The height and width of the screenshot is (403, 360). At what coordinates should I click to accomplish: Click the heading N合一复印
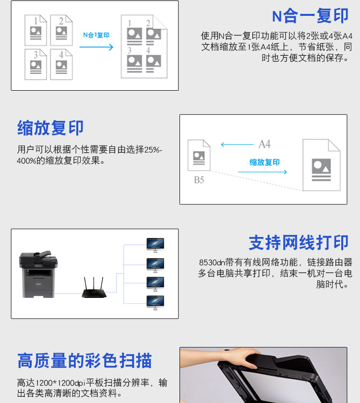tap(310, 16)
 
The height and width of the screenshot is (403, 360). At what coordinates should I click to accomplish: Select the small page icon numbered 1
tap(36, 30)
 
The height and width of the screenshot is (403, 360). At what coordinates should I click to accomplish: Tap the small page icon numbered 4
tap(61, 64)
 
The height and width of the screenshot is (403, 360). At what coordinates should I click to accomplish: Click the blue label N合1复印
tap(96, 35)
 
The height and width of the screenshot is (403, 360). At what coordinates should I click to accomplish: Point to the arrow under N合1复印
tap(96, 47)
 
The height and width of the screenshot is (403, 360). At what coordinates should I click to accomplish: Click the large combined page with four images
tap(144, 46)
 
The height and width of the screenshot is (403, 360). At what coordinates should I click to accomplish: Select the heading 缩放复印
tap(50, 128)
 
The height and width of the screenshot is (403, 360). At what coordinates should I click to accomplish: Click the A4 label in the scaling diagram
tap(264, 144)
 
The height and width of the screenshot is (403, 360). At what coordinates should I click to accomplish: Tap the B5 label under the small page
tap(199, 180)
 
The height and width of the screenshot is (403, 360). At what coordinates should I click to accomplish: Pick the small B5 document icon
tap(199, 155)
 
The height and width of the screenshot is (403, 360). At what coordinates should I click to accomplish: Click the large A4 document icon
tap(322, 165)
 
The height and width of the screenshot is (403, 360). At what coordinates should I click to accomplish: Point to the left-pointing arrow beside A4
tap(237, 145)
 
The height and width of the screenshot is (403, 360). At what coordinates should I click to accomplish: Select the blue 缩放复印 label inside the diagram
tap(264, 163)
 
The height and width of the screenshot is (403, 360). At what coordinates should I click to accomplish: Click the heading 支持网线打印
tap(299, 242)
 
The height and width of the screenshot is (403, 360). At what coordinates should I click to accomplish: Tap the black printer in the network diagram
tap(38, 274)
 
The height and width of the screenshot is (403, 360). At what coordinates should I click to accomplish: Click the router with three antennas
tap(94, 287)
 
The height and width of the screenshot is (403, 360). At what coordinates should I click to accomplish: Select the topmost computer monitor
tap(156, 245)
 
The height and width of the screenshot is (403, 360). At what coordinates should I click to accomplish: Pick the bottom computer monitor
tap(156, 303)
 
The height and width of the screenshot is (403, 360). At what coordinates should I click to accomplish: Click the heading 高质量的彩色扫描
tap(84, 361)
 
